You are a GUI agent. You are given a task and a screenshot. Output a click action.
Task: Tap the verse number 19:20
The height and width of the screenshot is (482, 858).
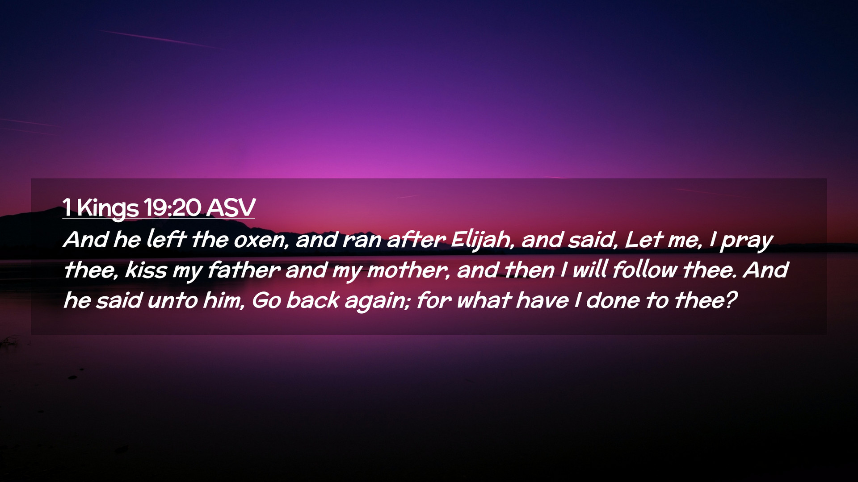point(173,208)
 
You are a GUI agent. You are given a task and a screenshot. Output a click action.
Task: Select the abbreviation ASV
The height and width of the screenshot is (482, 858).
point(231,208)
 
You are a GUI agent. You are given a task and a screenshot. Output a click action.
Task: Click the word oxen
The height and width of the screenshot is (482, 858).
point(261,241)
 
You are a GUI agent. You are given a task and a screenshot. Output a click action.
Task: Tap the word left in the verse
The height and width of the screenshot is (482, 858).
point(166,239)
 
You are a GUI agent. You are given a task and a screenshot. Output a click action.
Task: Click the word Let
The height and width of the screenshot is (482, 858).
point(643,240)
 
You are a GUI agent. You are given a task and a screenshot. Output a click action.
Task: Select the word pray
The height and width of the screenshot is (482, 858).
point(746,242)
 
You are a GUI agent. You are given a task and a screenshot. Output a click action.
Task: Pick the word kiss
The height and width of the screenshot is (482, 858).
point(146,270)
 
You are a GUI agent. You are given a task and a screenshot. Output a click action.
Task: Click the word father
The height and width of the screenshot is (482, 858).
point(244,270)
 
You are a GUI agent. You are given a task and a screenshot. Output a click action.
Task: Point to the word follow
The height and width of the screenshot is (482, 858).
point(645,270)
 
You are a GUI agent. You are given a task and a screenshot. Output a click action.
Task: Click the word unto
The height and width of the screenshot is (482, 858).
point(172,300)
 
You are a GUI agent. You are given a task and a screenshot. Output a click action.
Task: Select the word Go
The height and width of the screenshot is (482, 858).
point(266,300)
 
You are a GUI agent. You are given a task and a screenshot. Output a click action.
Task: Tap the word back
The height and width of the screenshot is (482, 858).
point(313,300)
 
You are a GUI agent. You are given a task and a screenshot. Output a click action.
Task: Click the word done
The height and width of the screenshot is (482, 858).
point(613,300)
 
